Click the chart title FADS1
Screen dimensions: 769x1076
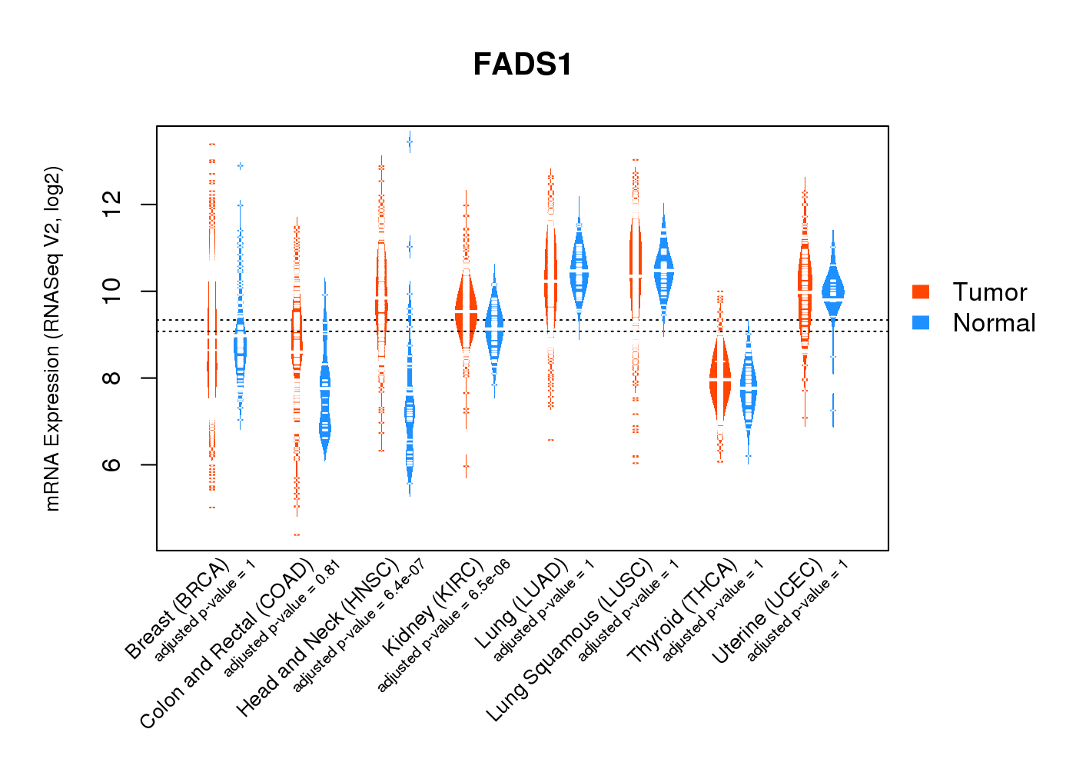click(523, 65)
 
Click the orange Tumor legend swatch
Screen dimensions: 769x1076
click(920, 291)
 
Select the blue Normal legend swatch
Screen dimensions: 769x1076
click(920, 322)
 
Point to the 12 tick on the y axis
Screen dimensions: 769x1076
click(112, 205)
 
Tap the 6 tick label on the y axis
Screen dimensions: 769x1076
click(112, 464)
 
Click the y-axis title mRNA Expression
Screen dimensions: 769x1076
click(52, 338)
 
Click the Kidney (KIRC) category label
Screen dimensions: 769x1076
click(433, 608)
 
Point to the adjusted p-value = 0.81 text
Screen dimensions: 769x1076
click(281, 620)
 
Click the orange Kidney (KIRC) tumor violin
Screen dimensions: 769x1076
click(466, 311)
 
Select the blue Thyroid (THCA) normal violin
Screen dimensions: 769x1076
click(749, 388)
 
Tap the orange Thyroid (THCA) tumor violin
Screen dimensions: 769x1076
click(720, 381)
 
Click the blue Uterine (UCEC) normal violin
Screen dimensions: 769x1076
click(832, 291)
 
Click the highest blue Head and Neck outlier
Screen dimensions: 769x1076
click(410, 141)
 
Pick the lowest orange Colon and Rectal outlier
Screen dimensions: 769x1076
click(297, 534)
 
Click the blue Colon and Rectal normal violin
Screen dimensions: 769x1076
click(325, 404)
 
